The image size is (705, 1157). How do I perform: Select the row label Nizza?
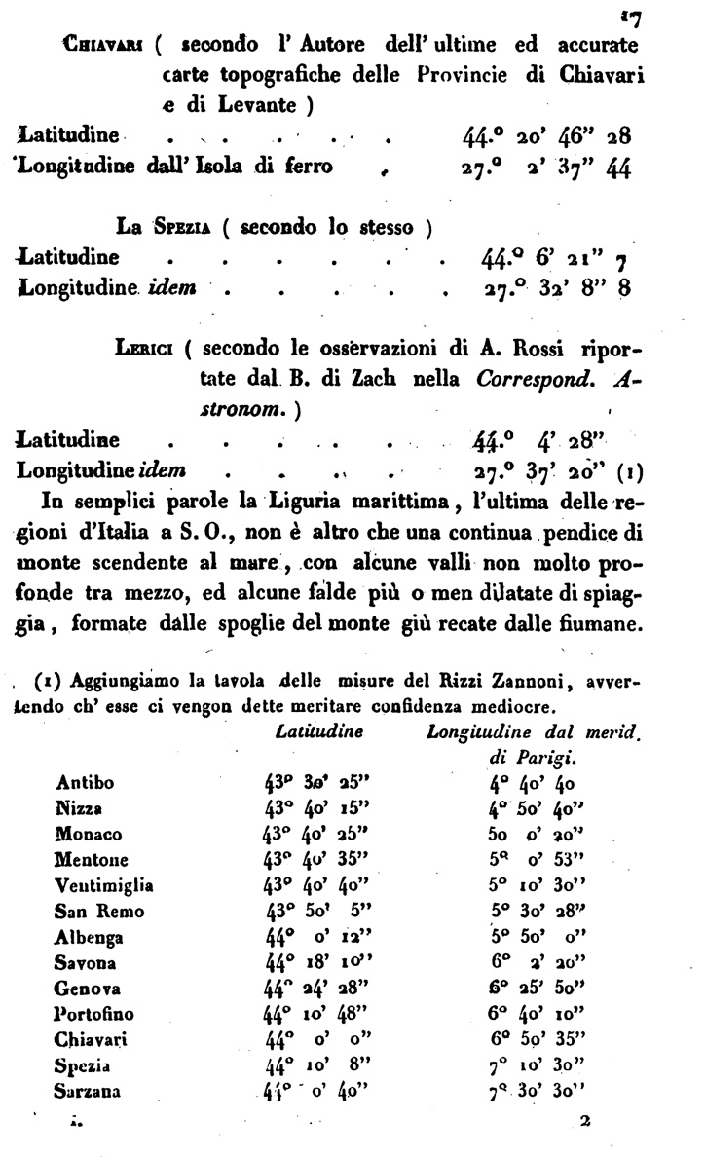click(x=80, y=808)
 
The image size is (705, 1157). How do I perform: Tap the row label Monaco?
click(x=89, y=834)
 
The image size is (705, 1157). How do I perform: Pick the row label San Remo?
click(x=100, y=912)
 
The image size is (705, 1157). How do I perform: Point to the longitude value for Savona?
click(x=536, y=963)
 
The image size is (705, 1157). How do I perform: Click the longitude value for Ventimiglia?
click(x=536, y=886)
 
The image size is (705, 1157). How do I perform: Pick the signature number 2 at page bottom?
click(x=585, y=1122)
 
